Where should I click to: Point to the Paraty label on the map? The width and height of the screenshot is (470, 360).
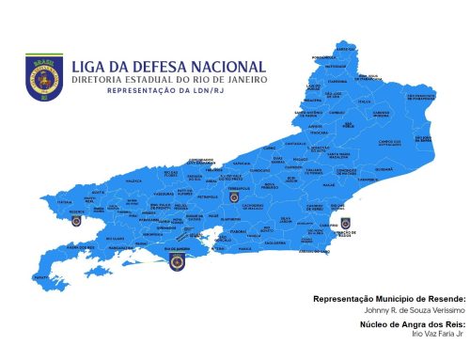tap(40, 278)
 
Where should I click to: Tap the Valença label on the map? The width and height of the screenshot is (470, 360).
tap(133, 180)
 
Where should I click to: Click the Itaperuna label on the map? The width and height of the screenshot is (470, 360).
tap(364, 102)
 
